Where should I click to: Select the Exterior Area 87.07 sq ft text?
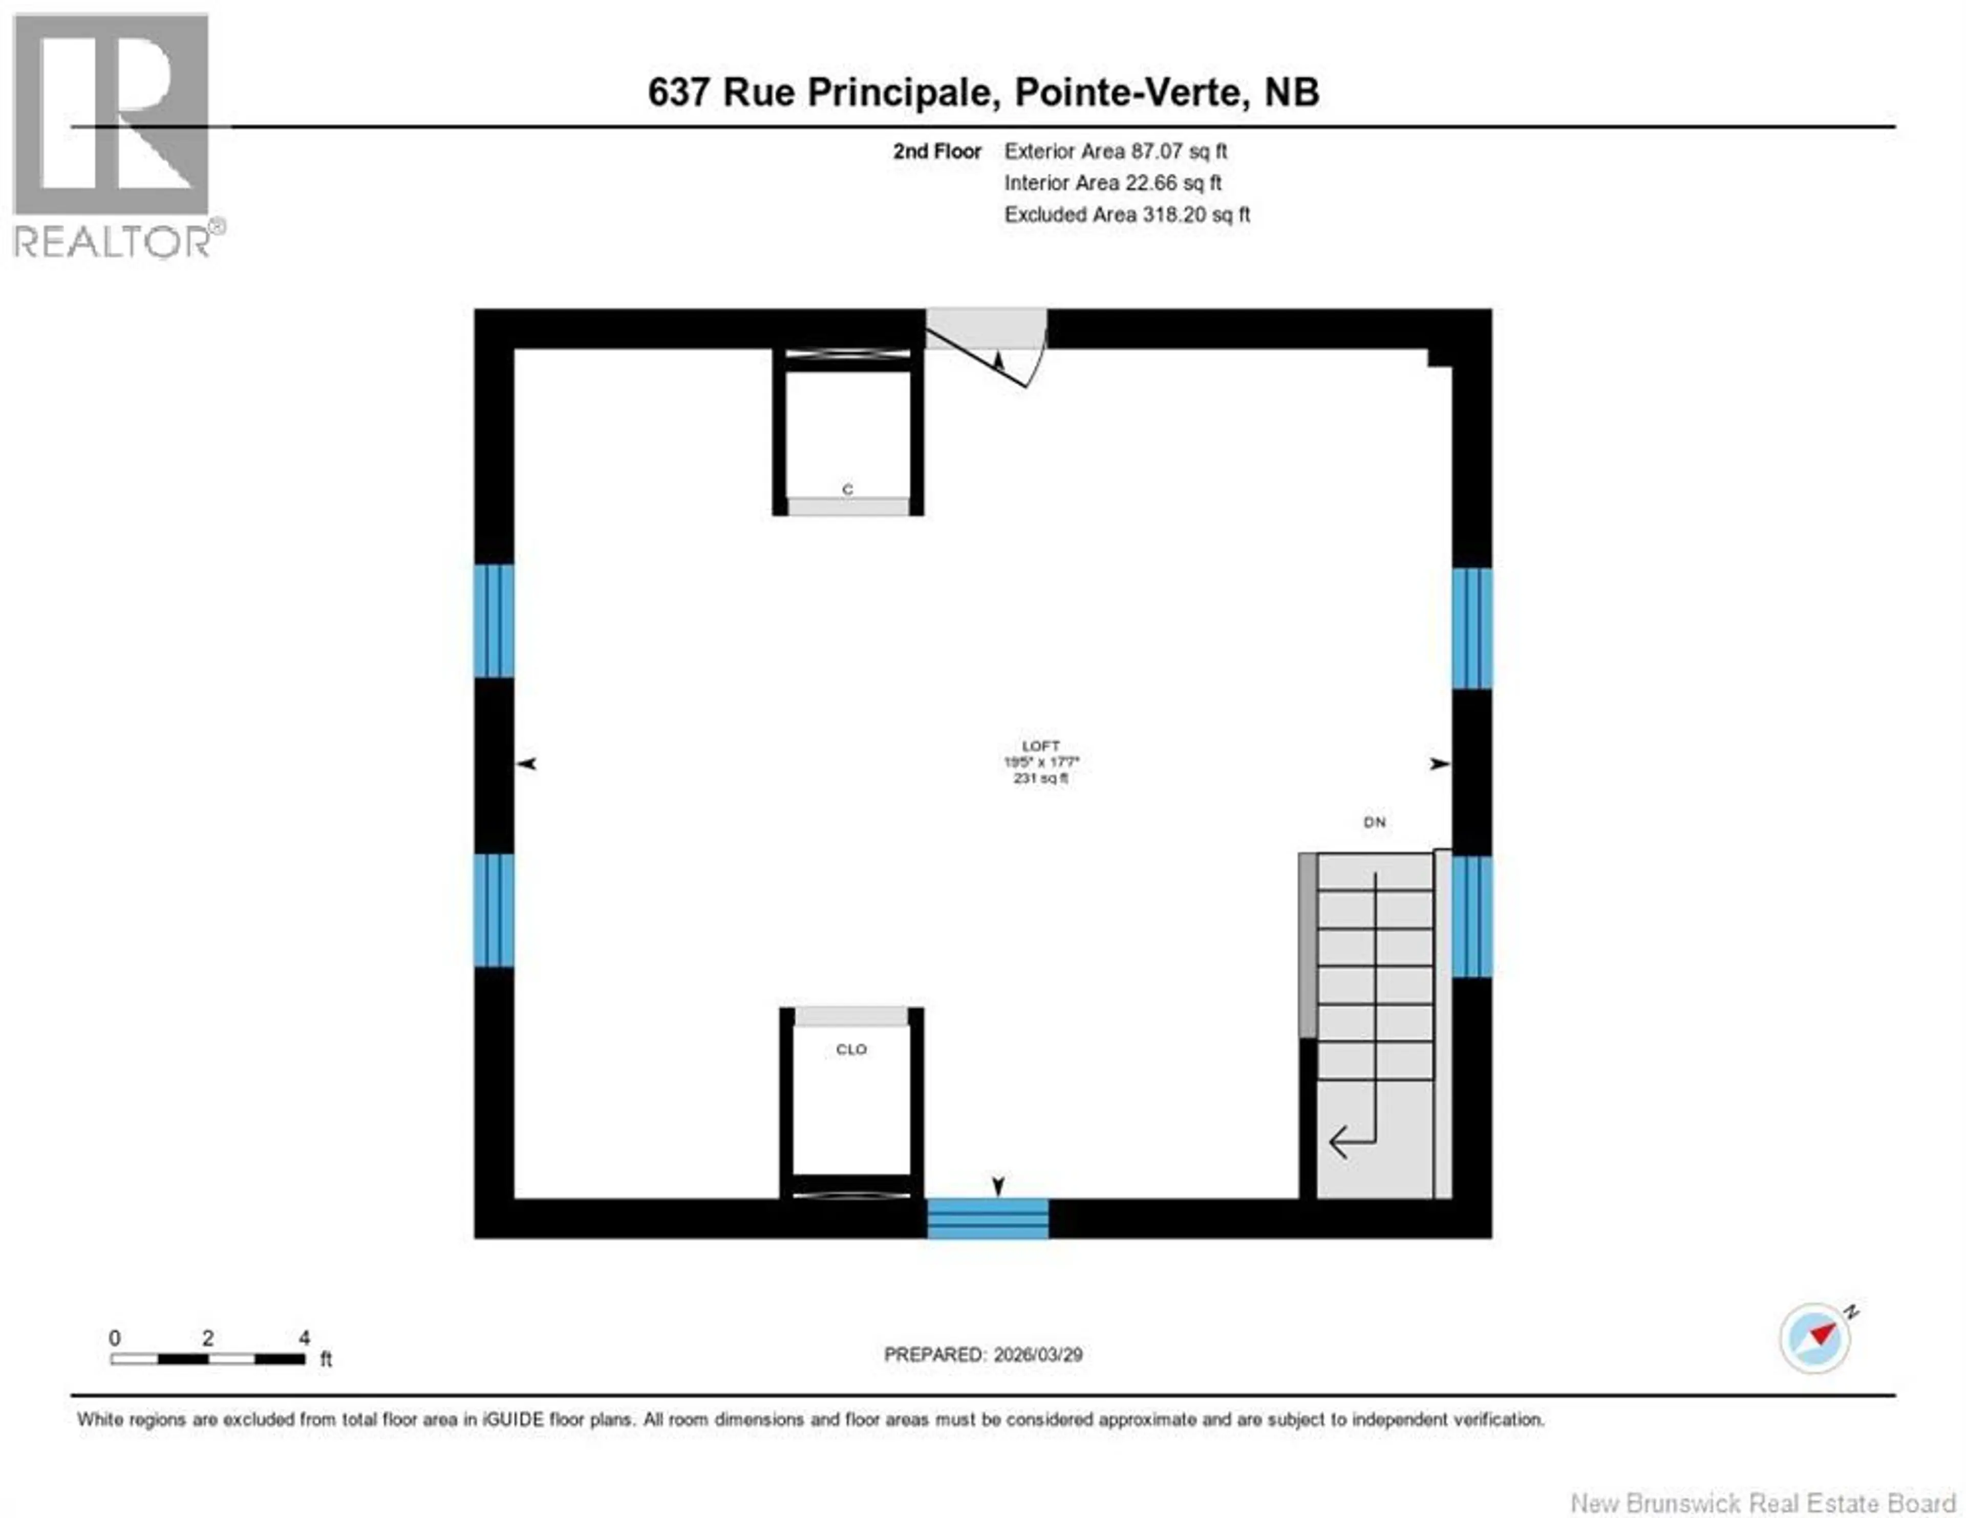click(1115, 151)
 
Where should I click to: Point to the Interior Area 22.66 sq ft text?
click(1113, 183)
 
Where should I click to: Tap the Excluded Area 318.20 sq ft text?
click(1127, 214)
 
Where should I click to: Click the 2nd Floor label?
click(936, 151)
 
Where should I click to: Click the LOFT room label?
click(1041, 746)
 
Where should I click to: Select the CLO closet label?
click(851, 1049)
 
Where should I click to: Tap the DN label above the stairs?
click(1374, 822)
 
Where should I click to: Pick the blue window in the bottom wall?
click(988, 1218)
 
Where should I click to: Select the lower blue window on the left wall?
click(494, 910)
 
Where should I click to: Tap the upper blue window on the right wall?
click(1472, 628)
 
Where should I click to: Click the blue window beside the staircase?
click(1472, 916)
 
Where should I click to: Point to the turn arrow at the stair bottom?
click(1350, 1141)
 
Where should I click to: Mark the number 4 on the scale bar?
click(304, 1338)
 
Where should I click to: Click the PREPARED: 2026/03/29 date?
click(983, 1354)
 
